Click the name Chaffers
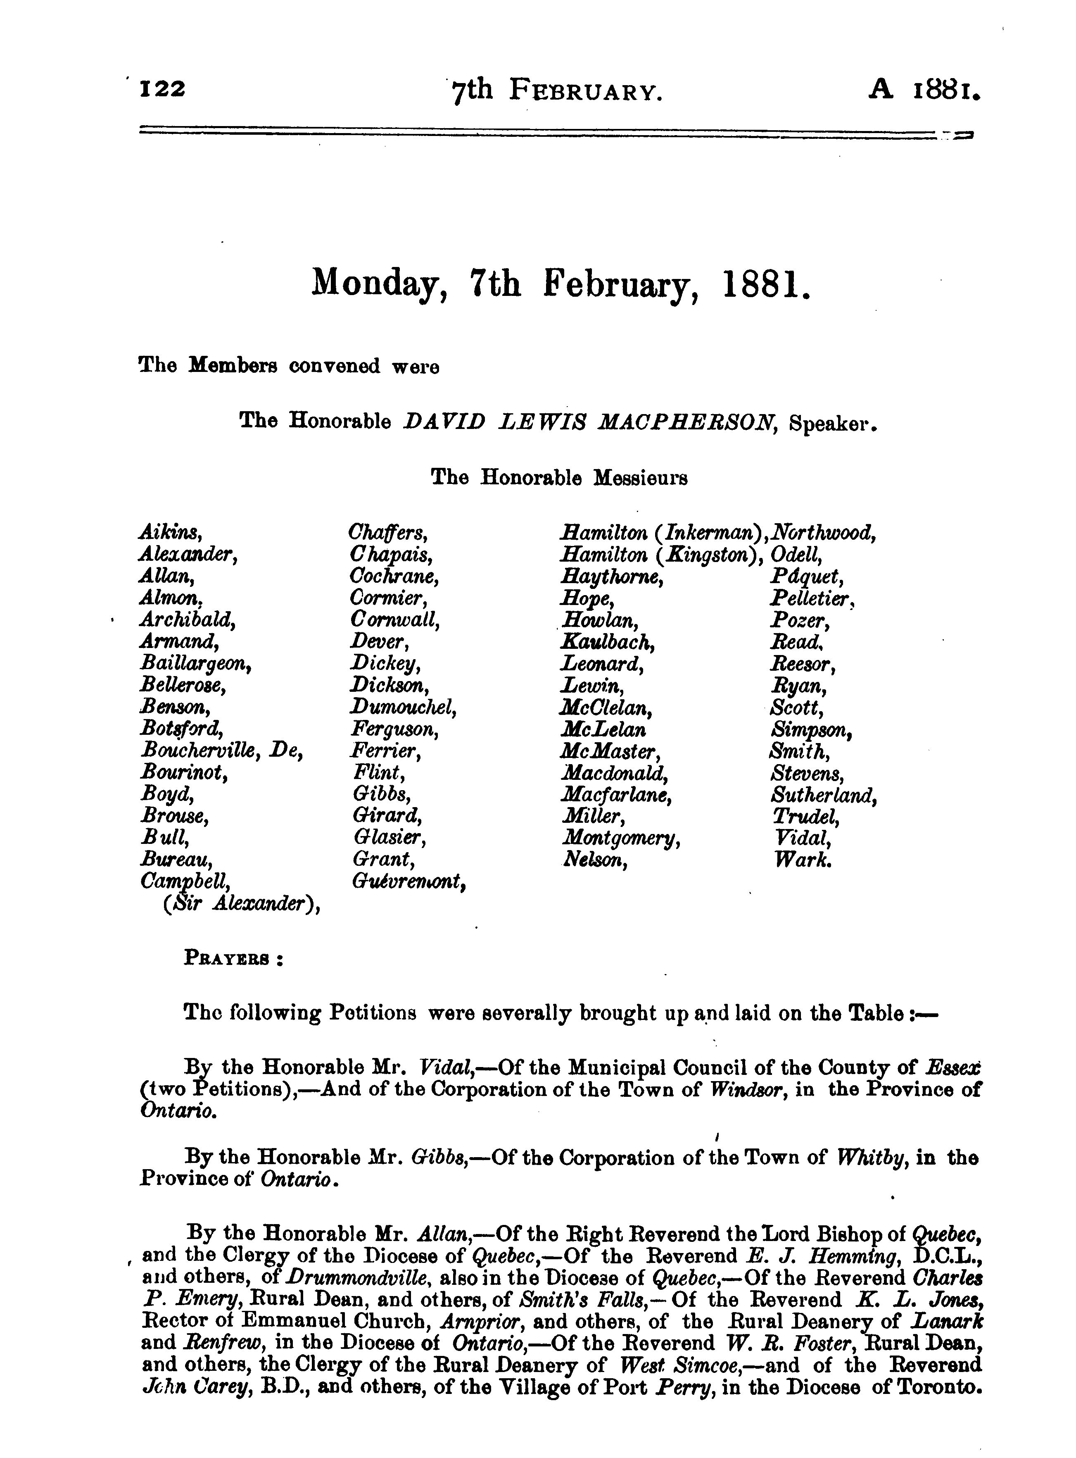(388, 533)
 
